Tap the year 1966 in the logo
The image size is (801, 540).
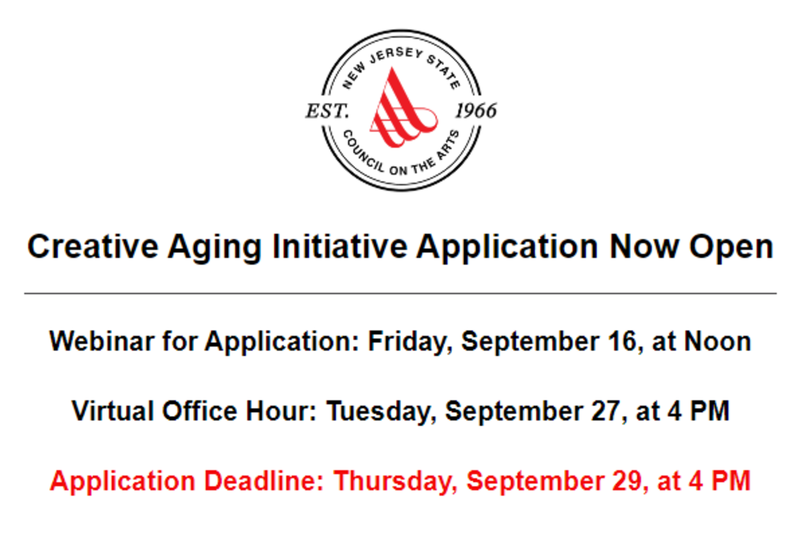(475, 111)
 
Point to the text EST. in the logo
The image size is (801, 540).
(327, 111)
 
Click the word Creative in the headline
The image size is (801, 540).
(93, 247)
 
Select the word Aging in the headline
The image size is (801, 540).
(214, 248)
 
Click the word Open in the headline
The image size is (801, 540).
(731, 248)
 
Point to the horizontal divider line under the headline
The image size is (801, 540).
(400, 293)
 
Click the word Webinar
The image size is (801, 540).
(102, 341)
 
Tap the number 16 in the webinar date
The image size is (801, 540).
(625, 341)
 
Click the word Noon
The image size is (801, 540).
(718, 341)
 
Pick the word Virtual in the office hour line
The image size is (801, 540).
(112, 411)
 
